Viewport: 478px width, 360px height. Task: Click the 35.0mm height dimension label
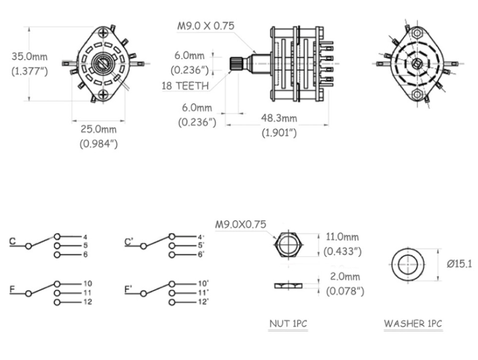[30, 57]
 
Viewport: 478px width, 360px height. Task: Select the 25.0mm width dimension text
[99, 129]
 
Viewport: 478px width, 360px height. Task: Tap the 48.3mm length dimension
[279, 118]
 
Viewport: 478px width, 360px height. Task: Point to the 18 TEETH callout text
[185, 86]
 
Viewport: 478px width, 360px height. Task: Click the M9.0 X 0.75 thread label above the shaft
[206, 26]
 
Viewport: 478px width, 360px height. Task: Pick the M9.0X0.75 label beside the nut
[241, 224]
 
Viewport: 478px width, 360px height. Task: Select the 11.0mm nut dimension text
[342, 236]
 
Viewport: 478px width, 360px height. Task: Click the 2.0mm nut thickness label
[345, 277]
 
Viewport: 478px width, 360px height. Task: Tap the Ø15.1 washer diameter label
[459, 264]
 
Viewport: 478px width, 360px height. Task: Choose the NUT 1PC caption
[288, 323]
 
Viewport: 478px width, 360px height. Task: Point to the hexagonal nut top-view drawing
[288, 245]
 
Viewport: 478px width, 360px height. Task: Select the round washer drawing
[407, 264]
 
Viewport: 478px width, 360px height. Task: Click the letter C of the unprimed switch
[13, 242]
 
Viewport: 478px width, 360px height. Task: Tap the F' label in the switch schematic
[128, 289]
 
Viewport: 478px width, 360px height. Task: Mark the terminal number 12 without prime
[88, 302]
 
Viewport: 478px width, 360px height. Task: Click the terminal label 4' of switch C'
[201, 236]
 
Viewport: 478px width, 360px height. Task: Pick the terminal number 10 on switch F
[88, 284]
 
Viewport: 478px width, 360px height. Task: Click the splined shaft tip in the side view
[236, 63]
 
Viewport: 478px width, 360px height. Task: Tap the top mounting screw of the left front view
[103, 32]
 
